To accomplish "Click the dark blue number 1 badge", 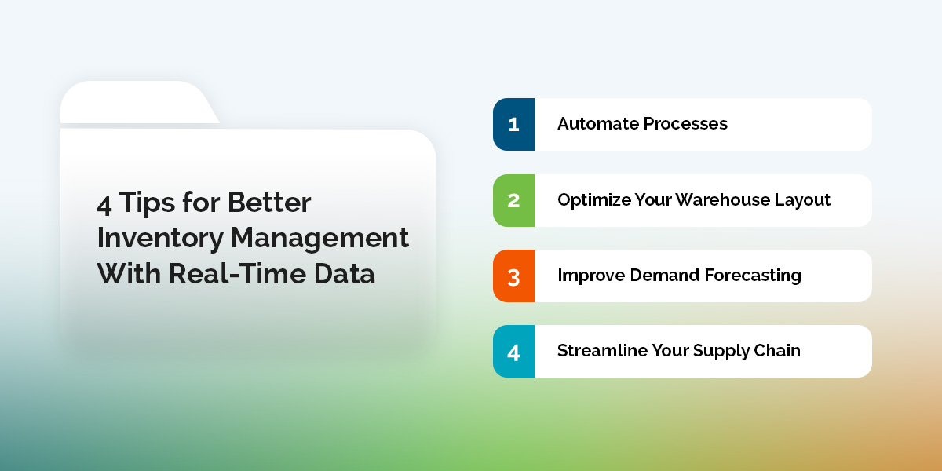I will [x=513, y=124].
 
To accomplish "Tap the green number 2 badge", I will [x=513, y=200].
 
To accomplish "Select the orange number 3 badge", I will [x=513, y=276].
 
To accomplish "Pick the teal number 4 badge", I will [x=513, y=351].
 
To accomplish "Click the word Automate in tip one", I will [x=597, y=124].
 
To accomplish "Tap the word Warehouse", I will [x=724, y=200].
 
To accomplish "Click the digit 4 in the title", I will [x=104, y=203].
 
